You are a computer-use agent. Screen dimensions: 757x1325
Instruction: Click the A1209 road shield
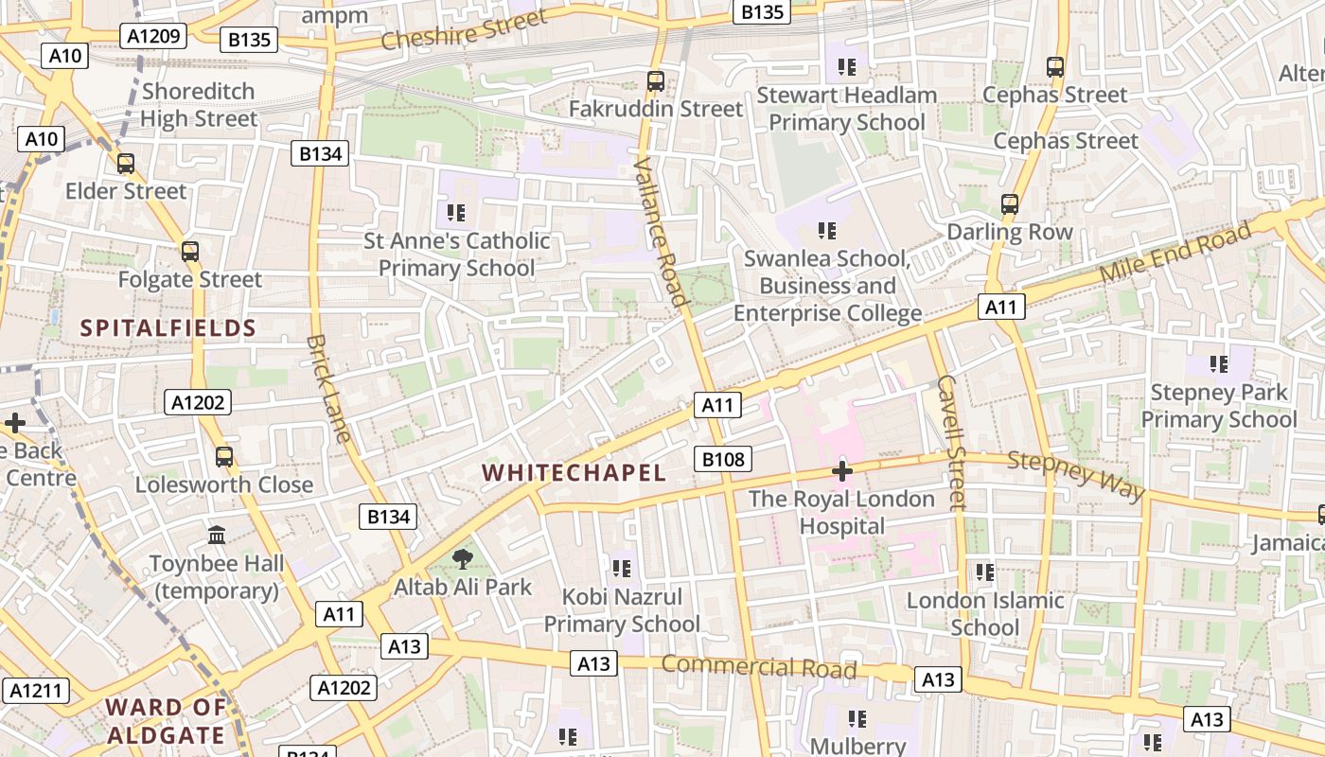click(153, 36)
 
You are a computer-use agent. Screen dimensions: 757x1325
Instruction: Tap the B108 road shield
click(723, 460)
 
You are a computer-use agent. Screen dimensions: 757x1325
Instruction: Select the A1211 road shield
click(36, 690)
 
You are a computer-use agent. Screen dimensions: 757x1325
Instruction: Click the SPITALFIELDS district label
click(168, 328)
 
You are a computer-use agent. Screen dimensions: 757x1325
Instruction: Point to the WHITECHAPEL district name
click(574, 472)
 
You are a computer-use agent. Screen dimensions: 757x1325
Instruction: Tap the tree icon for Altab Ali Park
click(463, 559)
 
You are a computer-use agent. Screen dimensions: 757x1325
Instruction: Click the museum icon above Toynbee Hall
click(217, 536)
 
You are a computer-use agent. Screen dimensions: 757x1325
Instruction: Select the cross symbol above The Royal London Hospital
click(841, 470)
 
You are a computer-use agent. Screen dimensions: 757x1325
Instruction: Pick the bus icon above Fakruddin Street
click(656, 81)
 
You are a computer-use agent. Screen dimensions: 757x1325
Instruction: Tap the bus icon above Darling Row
click(1010, 204)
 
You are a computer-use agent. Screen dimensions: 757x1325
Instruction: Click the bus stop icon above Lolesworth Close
click(224, 456)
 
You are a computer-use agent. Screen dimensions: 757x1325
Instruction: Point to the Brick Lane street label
click(329, 388)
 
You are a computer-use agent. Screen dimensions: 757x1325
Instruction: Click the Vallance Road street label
click(659, 232)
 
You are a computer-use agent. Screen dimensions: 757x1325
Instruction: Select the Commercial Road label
click(758, 666)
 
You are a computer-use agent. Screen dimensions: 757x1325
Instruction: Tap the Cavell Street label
click(950, 441)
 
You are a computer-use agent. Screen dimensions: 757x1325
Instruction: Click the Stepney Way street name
click(1076, 476)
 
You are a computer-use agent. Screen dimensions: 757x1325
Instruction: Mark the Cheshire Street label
click(464, 29)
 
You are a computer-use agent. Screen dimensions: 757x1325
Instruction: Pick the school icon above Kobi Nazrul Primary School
click(621, 569)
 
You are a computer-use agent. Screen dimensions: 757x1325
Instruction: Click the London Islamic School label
click(985, 613)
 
